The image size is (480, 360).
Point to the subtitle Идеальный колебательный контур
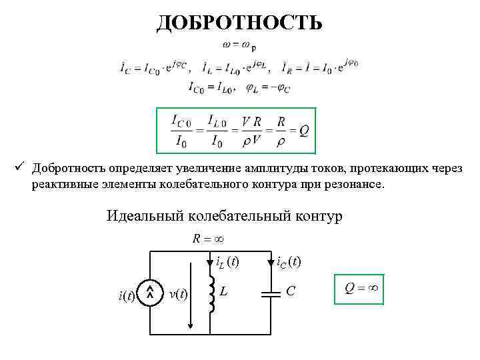point(225,217)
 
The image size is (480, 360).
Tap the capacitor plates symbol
point(272,293)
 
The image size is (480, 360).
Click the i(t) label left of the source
point(127,294)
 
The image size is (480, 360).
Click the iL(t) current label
point(227,262)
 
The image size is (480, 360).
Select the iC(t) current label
point(289,262)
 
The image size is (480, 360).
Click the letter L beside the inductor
point(225,291)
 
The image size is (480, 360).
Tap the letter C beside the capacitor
point(291,291)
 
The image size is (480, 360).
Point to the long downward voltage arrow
point(192,293)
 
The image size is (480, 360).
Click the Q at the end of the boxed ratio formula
point(304,131)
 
